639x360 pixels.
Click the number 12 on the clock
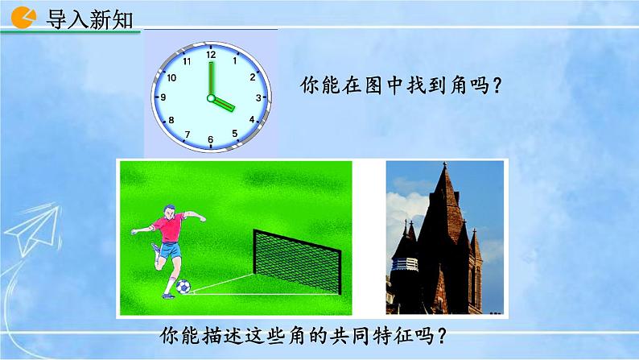click(x=211, y=55)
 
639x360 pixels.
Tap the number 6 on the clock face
click(x=211, y=140)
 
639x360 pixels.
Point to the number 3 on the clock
click(x=258, y=97)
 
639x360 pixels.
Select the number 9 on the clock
click(x=163, y=97)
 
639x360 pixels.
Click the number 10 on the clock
click(x=171, y=77)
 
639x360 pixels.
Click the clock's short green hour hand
click(x=222, y=103)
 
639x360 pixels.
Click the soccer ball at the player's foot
click(x=183, y=287)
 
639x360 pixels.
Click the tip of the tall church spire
click(x=444, y=164)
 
